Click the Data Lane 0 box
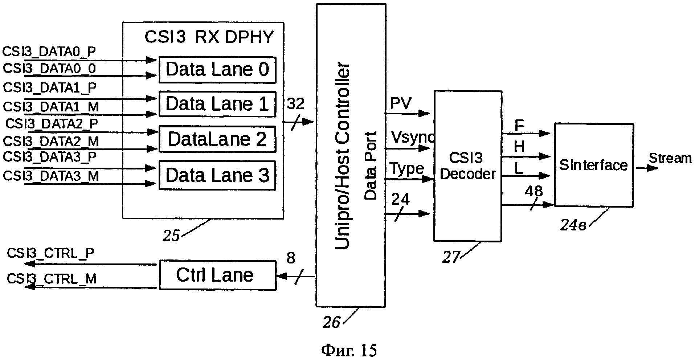[x=217, y=70]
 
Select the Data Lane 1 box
[x=217, y=104]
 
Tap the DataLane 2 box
[x=217, y=139]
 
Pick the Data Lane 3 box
[x=217, y=175]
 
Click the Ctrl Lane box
[x=217, y=275]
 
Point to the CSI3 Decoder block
[x=467, y=166]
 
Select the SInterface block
[x=593, y=165]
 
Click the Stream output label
[x=670, y=159]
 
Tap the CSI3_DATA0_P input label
[x=49, y=52]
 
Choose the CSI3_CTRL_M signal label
[x=52, y=279]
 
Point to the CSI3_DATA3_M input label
[x=51, y=176]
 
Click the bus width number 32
[x=295, y=105]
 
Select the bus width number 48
[x=533, y=191]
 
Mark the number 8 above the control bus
[x=291, y=258]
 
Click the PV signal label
[x=400, y=103]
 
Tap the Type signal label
[x=406, y=169]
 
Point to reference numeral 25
[x=171, y=236]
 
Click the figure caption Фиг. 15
[x=349, y=350]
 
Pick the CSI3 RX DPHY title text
[x=209, y=37]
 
